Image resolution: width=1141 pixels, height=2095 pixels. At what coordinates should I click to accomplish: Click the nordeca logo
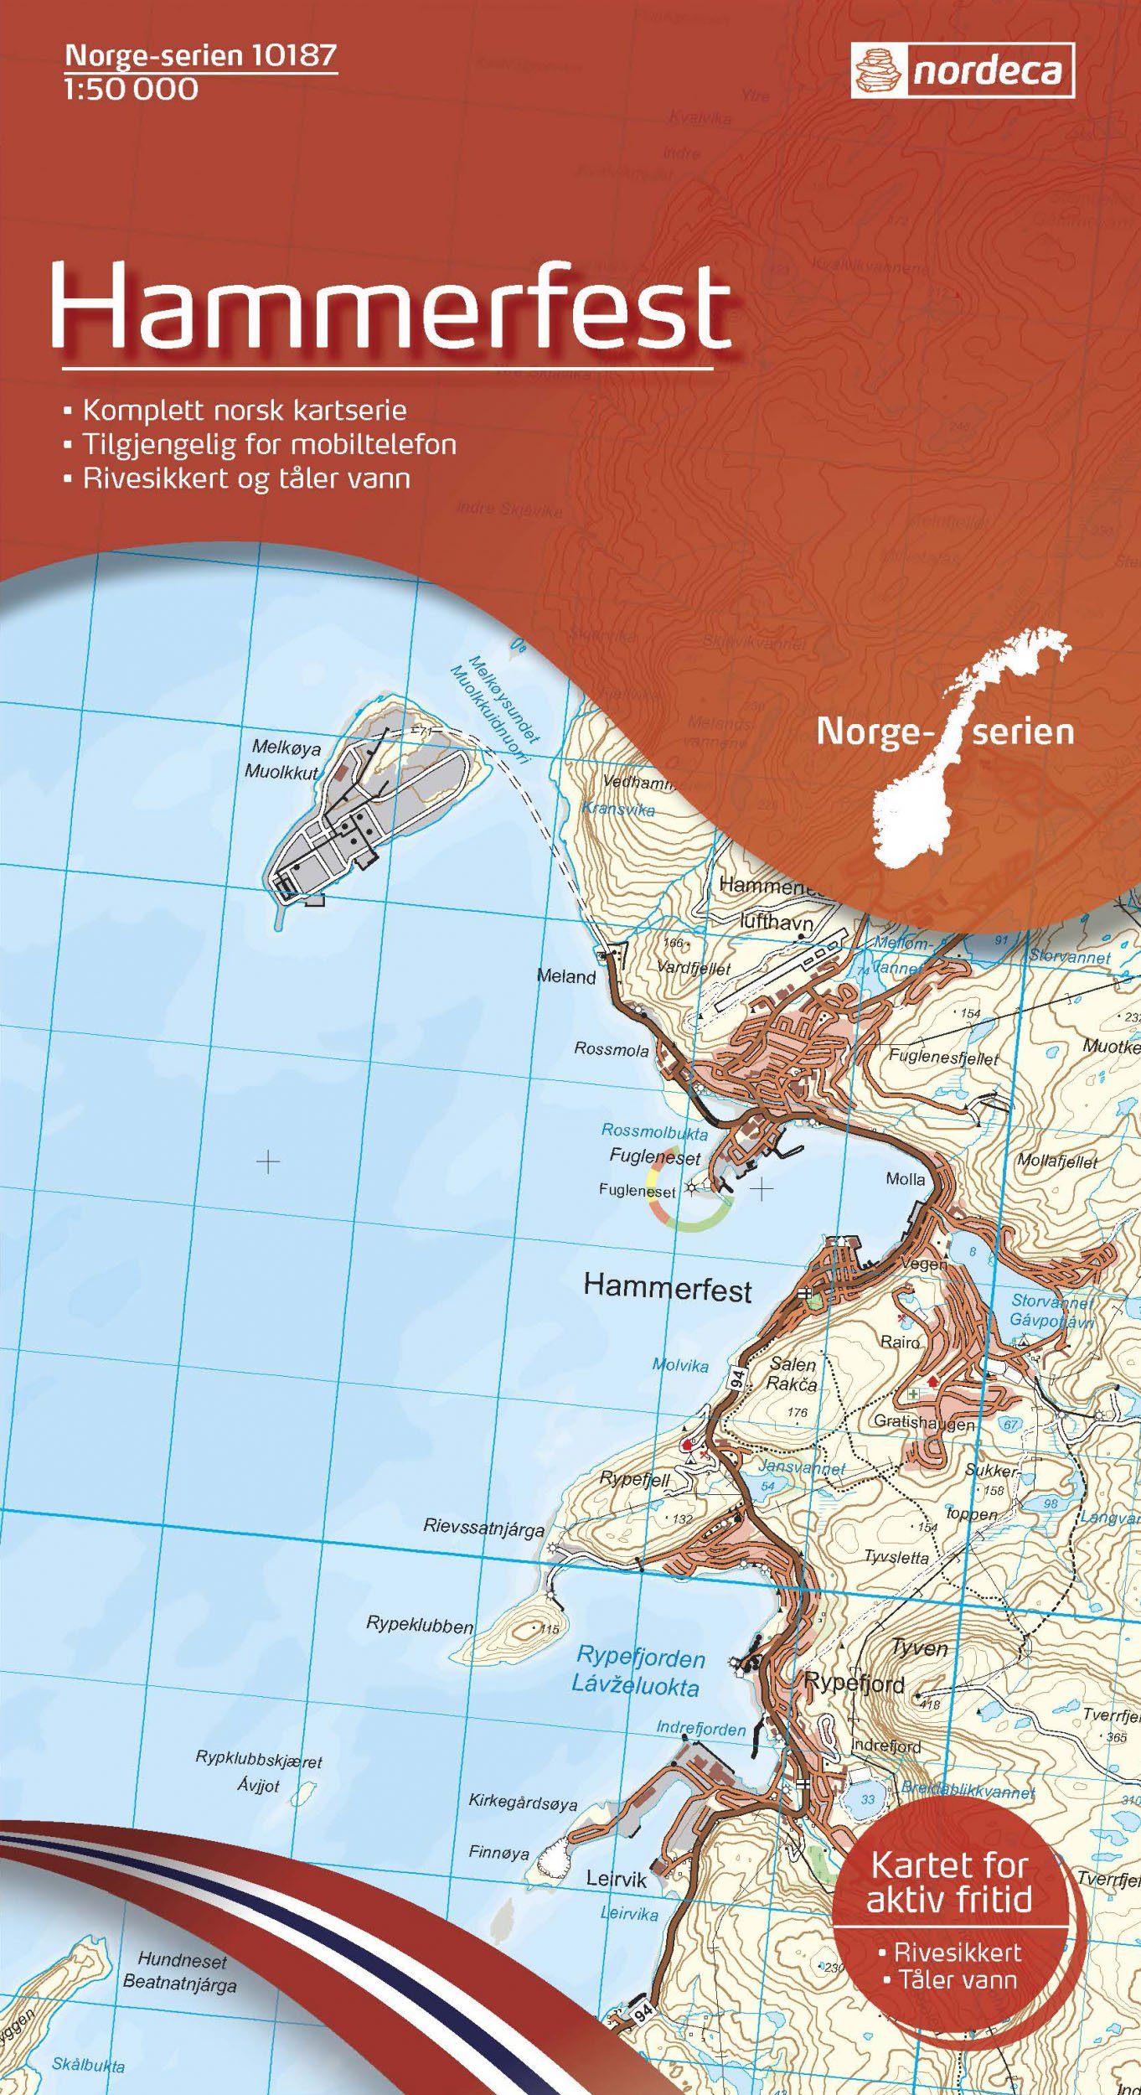963,70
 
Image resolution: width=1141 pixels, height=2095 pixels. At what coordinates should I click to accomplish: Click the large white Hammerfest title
391,307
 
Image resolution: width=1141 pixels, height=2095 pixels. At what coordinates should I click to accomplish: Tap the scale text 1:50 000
131,90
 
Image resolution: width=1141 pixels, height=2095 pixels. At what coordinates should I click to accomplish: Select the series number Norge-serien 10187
201,55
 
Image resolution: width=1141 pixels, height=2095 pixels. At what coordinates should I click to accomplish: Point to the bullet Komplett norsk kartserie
244,411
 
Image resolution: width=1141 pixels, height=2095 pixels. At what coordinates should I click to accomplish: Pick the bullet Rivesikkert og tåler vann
245,478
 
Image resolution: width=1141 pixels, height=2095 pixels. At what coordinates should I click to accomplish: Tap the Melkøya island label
286,747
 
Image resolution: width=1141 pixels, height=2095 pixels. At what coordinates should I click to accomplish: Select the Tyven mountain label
920,1648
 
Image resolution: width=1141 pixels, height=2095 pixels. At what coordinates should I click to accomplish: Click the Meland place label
566,976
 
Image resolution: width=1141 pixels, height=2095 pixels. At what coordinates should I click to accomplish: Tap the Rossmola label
611,1049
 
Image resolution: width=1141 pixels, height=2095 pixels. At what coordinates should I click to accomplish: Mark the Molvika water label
680,1365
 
